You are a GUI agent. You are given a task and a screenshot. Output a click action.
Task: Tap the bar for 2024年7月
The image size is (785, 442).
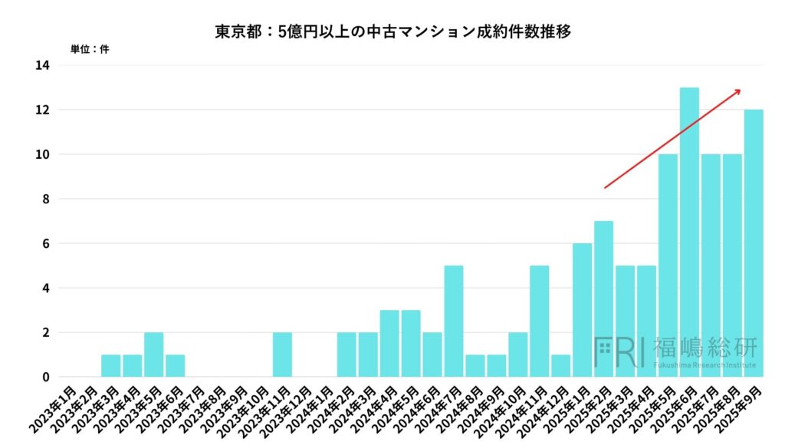(454, 322)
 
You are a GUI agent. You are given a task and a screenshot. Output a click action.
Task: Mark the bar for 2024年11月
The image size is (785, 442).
(539, 322)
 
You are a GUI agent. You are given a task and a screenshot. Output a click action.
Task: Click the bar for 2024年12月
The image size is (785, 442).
(560, 366)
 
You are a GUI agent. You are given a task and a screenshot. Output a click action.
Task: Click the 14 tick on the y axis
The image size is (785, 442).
(41, 66)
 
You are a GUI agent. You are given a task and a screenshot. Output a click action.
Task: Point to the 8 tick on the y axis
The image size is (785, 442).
(45, 200)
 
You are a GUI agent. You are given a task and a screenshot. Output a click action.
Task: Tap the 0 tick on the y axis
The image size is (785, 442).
(45, 378)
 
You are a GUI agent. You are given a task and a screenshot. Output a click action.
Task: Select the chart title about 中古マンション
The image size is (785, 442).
(392, 33)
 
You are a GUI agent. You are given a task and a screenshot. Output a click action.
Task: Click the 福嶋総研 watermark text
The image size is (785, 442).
(705, 348)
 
